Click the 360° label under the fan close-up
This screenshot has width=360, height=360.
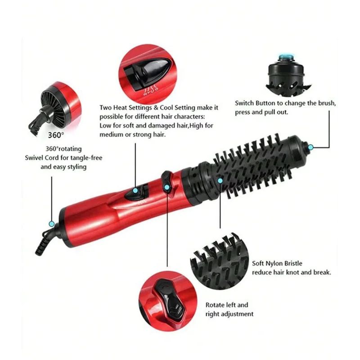[56, 135]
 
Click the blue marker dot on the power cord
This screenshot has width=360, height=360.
[51, 223]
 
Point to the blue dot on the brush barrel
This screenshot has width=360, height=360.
[220, 180]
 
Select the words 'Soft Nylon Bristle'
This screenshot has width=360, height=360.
[277, 263]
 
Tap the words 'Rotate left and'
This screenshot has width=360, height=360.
[226, 305]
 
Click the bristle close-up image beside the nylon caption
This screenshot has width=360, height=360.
[220, 260]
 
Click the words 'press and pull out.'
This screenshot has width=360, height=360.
[262, 112]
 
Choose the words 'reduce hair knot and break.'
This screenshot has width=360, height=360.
[292, 272]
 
